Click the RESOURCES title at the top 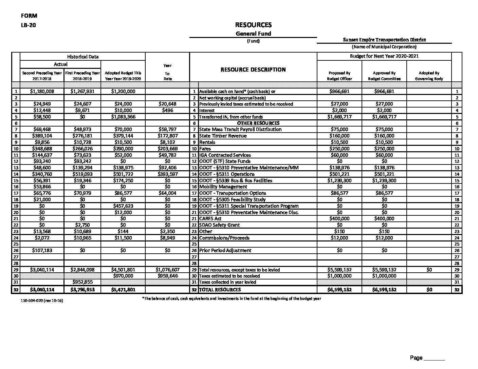253,25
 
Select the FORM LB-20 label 29,20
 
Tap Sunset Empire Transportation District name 384,40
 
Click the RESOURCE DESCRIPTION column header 253,70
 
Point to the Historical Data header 82,57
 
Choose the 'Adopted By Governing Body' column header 429,76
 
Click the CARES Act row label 210,219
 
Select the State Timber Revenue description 223,136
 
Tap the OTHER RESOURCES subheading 258,123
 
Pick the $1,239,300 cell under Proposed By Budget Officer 339,180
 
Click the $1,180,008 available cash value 42,91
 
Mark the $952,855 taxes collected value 82,282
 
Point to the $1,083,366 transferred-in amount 123,117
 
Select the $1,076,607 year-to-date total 167,270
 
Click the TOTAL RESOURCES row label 220,290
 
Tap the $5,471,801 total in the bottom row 123,290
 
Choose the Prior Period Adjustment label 225,251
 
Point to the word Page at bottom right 416,358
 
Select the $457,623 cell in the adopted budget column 123,206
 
